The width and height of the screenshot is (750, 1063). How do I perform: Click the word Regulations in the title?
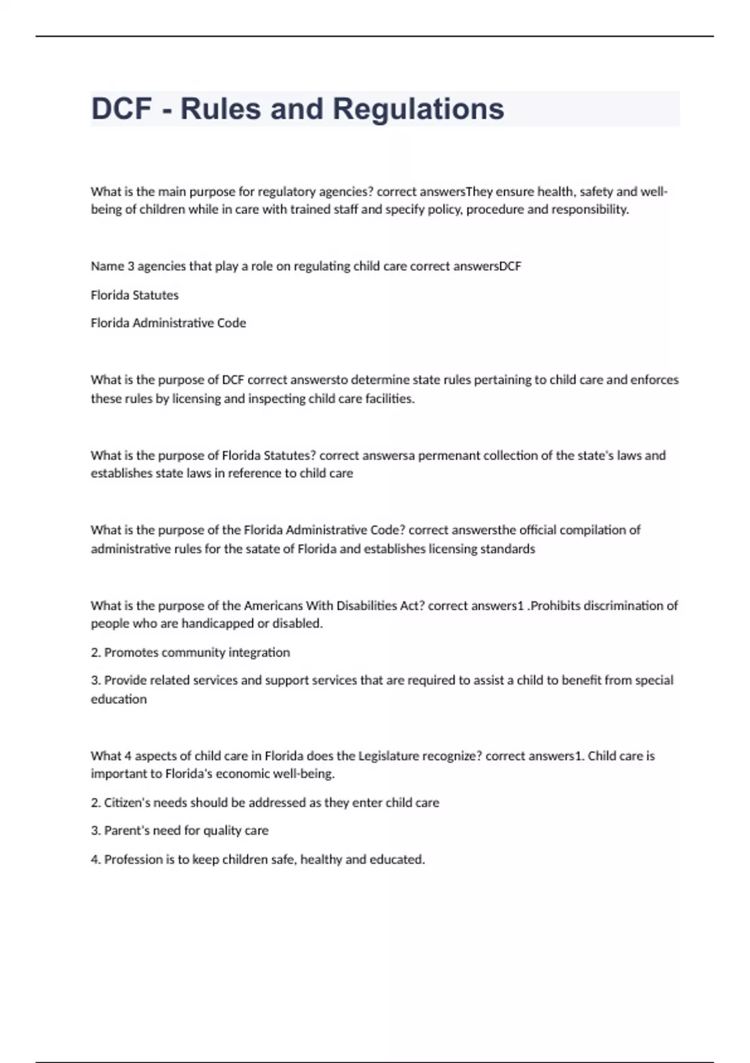(418, 109)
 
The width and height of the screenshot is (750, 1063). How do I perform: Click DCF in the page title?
(122, 109)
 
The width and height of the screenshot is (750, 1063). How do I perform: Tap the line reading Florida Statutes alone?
(134, 295)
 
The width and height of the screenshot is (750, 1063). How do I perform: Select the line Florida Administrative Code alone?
(168, 323)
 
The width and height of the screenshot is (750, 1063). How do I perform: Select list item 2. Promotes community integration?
(190, 652)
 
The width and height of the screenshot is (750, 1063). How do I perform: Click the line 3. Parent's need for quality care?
(179, 830)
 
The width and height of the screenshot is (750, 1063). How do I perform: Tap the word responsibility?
(589, 209)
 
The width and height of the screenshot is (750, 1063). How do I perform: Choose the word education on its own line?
(119, 699)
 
